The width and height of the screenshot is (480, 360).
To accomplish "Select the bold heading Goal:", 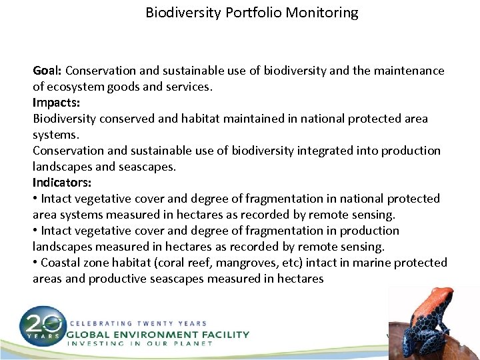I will pos(48,71).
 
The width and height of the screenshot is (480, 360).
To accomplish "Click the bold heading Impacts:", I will pos(55,103).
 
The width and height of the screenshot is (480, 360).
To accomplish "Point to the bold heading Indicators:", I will pos(62,183).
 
